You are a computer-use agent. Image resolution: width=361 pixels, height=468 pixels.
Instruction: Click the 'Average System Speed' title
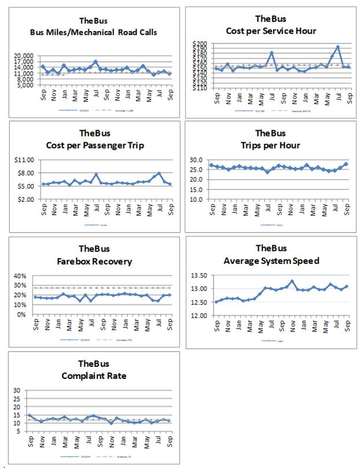pyautogui.click(x=271, y=261)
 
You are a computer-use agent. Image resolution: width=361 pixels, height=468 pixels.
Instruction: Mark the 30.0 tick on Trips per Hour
pyautogui.click(x=200, y=160)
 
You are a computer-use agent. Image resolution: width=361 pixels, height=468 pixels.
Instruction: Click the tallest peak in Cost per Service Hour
pyautogui.click(x=337, y=47)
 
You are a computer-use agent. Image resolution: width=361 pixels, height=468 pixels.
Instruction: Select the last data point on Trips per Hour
pyautogui.click(x=347, y=164)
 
